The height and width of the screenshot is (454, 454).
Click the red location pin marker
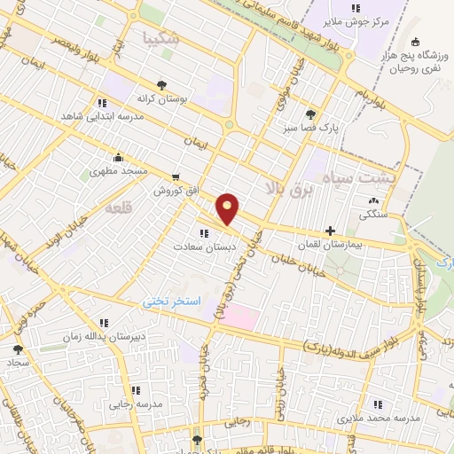[x=229, y=208]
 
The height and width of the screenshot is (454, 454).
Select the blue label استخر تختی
[x=173, y=302]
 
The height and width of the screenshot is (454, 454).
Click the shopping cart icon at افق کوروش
[x=176, y=177]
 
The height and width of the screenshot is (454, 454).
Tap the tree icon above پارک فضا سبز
[x=309, y=113]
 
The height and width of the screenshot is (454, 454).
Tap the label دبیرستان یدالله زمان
[x=101, y=338]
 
